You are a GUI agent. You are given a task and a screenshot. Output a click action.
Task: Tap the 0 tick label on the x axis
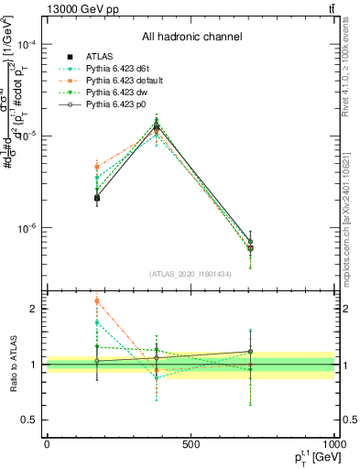click(46, 445)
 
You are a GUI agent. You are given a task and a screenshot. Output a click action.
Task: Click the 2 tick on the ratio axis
click(33, 309)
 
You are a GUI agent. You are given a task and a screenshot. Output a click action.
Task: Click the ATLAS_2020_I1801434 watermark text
click(191, 274)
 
